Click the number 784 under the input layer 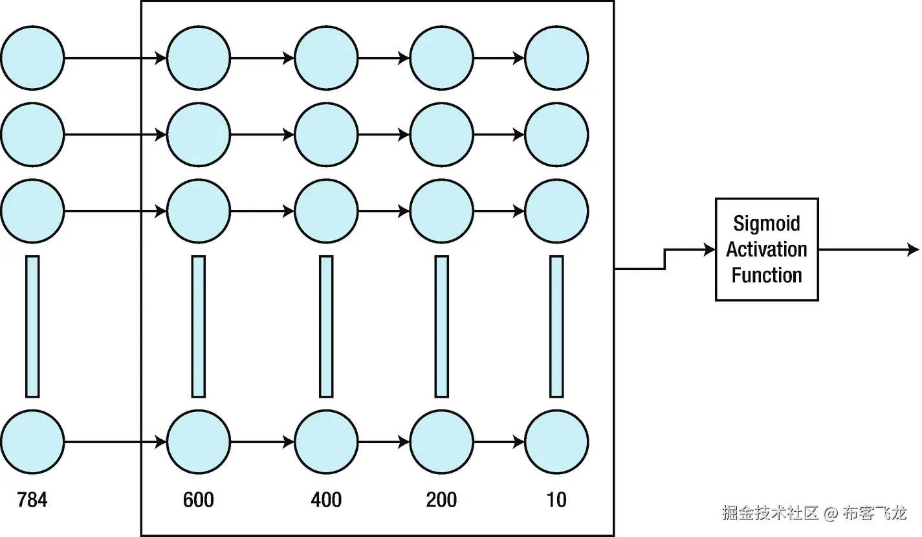tap(32, 500)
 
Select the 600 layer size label tap(199, 500)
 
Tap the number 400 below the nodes tap(326, 500)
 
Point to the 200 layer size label tap(441, 500)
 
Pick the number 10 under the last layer tap(556, 500)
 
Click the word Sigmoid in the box tap(767, 224)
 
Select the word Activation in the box tap(767, 249)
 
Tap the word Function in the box tap(767, 275)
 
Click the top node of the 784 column tap(32, 58)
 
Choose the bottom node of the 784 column tap(32, 442)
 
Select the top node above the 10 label tap(556, 58)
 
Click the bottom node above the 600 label tap(199, 442)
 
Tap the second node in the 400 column tap(326, 135)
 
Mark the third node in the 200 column tap(441, 211)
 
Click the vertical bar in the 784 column tap(32, 326)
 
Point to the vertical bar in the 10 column tap(556, 326)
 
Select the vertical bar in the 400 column tap(326, 326)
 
